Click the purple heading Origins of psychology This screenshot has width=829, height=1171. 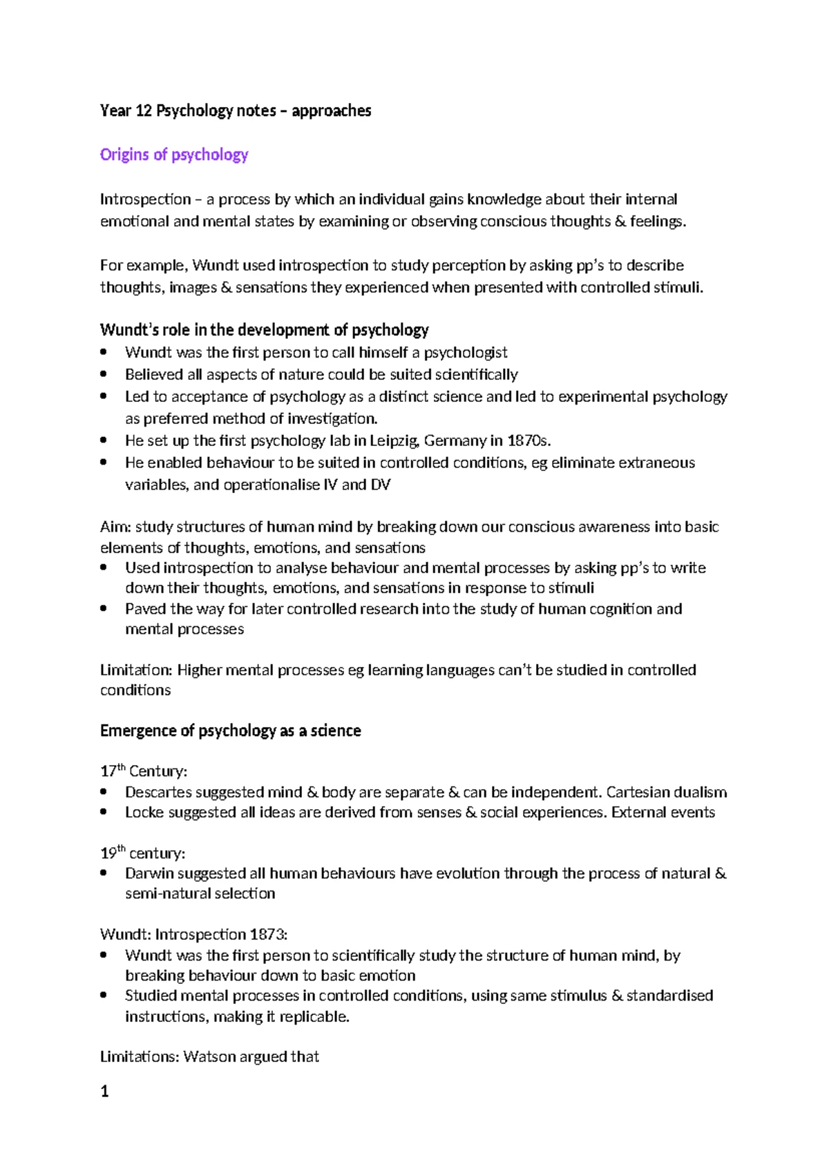click(x=173, y=155)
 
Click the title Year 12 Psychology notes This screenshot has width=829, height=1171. click(x=235, y=110)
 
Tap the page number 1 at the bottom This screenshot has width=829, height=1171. click(x=104, y=1092)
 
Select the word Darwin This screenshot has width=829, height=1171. click(x=149, y=873)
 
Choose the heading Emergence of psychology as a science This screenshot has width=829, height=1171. click(x=230, y=731)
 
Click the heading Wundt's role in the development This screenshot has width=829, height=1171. click(x=264, y=329)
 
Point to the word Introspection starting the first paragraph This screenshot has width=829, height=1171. click(x=145, y=200)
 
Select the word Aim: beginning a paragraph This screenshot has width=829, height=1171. click(x=115, y=527)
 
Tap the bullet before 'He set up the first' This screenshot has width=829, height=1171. click(x=104, y=441)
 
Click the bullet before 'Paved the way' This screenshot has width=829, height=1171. click(x=104, y=609)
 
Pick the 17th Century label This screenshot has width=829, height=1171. click(x=143, y=771)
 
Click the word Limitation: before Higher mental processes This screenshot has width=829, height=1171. click(x=136, y=670)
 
